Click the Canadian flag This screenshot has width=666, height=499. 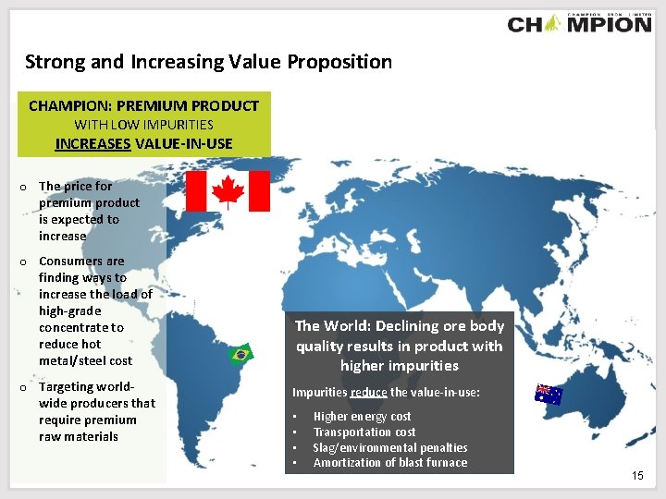(x=228, y=191)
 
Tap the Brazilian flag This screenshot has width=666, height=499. (x=240, y=354)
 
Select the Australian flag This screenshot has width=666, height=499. (x=549, y=395)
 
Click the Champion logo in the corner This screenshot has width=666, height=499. (x=579, y=23)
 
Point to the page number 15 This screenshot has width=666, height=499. (x=637, y=475)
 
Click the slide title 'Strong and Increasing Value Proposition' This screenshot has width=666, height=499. (x=208, y=62)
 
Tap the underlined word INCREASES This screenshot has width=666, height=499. (x=92, y=143)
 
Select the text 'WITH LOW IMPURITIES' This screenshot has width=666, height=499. (x=143, y=124)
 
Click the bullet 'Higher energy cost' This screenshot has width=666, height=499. (x=362, y=417)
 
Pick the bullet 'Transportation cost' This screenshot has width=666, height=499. (x=364, y=432)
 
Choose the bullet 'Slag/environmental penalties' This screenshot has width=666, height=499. (x=389, y=447)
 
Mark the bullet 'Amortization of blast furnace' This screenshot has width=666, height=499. (x=389, y=462)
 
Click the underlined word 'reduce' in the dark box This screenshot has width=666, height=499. (x=369, y=393)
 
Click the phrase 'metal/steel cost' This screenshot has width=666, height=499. (x=85, y=360)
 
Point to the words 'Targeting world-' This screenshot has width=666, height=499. (x=86, y=386)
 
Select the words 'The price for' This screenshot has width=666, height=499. (x=75, y=186)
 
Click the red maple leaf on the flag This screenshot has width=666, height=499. (x=228, y=191)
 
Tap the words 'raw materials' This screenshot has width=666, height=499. (x=78, y=436)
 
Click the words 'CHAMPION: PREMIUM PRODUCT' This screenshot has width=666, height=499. (x=143, y=105)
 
